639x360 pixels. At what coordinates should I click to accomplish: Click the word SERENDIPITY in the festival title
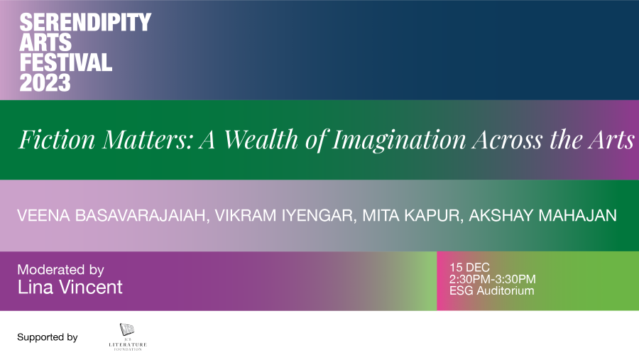(85, 22)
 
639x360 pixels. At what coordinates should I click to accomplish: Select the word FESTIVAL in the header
(65, 62)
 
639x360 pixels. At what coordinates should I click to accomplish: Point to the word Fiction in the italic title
(57, 139)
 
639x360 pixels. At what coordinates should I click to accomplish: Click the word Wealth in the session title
(261, 139)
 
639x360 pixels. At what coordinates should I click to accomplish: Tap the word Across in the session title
(507, 139)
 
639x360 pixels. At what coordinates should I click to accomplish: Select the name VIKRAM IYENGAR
(285, 216)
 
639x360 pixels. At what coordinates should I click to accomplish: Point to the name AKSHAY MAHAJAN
(543, 215)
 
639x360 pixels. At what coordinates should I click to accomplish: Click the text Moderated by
(61, 270)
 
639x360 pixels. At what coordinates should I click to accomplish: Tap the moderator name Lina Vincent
(70, 288)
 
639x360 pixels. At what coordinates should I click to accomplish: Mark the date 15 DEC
(469, 268)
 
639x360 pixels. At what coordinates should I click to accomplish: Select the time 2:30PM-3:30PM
(492, 279)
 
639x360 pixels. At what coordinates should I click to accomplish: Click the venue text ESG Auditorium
(491, 290)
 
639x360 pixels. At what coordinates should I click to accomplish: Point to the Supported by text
(48, 337)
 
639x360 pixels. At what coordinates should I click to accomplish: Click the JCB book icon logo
(127, 329)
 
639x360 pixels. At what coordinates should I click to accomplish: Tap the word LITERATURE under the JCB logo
(128, 345)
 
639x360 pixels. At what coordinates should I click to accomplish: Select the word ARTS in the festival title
(45, 43)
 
